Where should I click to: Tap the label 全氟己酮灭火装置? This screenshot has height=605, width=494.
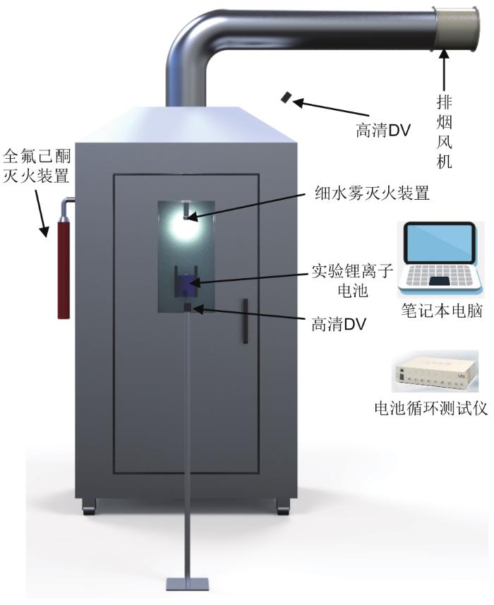click(x=37, y=167)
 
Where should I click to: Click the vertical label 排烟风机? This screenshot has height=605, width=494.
click(x=445, y=131)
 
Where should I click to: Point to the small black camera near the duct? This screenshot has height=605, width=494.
click(x=286, y=97)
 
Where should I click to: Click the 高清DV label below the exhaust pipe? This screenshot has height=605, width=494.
click(x=382, y=131)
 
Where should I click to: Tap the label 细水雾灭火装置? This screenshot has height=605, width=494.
click(x=372, y=192)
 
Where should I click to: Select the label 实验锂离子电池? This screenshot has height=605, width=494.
click(x=352, y=280)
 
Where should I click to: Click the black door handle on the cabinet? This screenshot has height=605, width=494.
click(x=245, y=321)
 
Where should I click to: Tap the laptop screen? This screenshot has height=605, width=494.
click(x=439, y=244)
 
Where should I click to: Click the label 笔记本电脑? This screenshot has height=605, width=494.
click(x=442, y=310)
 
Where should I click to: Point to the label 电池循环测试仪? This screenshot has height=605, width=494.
click(x=431, y=408)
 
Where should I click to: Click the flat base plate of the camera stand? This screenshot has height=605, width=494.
click(x=188, y=584)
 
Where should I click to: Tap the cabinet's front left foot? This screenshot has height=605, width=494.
click(x=90, y=506)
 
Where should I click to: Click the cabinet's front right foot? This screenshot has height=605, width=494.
click(x=282, y=506)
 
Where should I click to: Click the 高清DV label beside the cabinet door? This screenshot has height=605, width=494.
click(x=339, y=324)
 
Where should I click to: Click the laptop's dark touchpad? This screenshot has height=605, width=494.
click(x=439, y=281)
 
